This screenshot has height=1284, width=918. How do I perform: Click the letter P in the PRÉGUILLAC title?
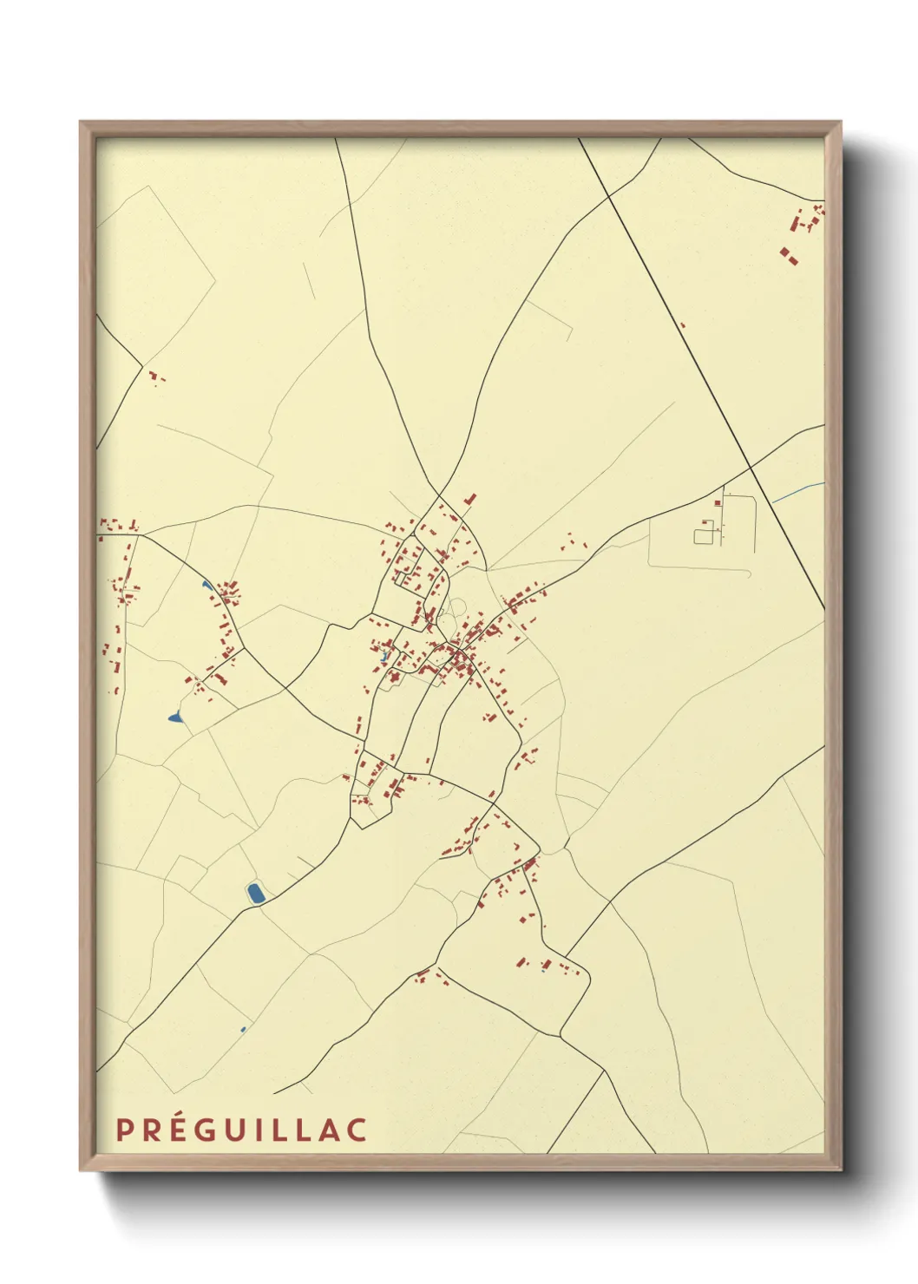124,1130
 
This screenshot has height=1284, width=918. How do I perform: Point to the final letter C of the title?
357,1130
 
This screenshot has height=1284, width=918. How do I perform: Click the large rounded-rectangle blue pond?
255,893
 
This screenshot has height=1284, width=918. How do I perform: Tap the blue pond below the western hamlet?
175,717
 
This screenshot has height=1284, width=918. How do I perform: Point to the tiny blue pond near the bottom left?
243,1030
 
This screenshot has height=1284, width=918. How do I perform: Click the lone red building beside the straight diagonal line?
682,325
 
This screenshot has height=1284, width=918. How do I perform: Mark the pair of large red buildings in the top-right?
788,255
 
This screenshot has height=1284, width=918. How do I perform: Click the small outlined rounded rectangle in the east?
703,536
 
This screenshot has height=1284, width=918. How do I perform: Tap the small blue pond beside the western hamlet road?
206,585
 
